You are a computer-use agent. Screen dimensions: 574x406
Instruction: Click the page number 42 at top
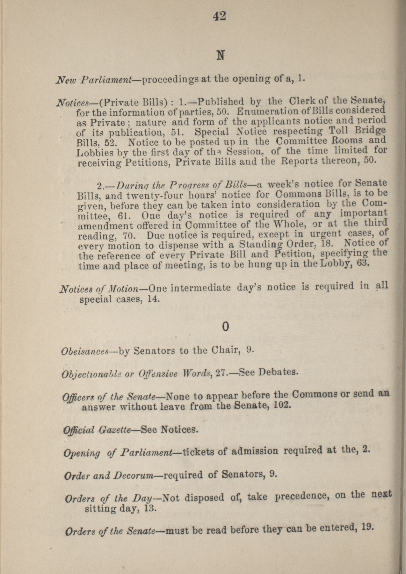[x=219, y=16]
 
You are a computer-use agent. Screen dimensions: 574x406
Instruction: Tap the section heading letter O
[x=225, y=327]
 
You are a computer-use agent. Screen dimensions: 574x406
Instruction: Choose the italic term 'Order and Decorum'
[x=109, y=476]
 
